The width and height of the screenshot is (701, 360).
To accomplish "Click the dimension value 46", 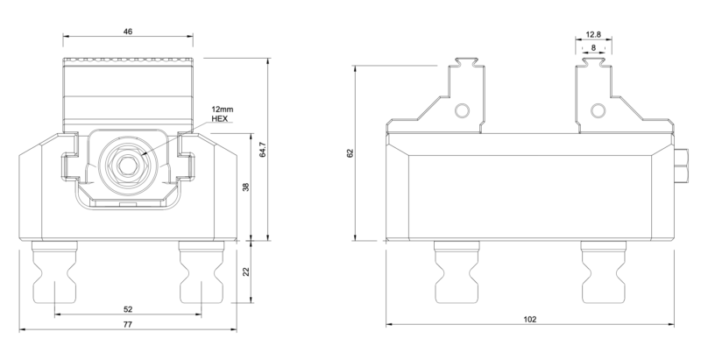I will [x=129, y=32].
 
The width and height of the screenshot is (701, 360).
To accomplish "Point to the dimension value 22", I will [x=246, y=272].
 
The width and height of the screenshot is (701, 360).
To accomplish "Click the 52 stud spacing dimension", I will [x=129, y=309].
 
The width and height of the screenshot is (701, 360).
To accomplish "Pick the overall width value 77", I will [x=128, y=325].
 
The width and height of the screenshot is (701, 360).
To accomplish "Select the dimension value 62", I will [x=350, y=152].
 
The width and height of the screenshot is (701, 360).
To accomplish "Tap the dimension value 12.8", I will [x=593, y=35].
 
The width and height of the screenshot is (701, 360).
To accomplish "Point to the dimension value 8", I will [x=593, y=49].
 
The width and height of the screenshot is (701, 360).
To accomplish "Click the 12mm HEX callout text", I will [x=220, y=113].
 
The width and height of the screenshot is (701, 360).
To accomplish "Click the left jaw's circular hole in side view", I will [x=462, y=110].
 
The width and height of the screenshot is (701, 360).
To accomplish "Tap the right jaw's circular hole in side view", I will [x=597, y=110].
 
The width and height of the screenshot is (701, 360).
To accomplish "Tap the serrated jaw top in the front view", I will [x=128, y=62].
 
